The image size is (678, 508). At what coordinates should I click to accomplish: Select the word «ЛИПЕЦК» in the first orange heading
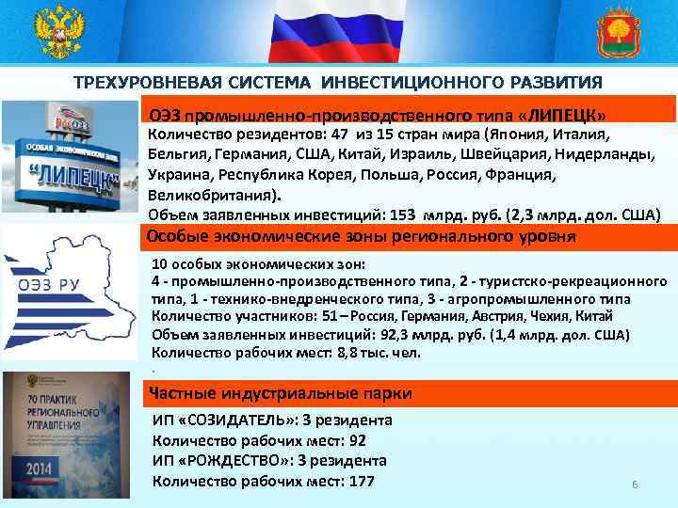(x=562, y=115)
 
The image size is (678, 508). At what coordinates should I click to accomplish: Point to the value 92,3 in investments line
(x=375, y=335)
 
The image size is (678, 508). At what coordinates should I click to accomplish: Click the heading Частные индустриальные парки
(x=272, y=393)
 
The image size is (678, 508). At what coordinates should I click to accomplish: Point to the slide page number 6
(x=635, y=485)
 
